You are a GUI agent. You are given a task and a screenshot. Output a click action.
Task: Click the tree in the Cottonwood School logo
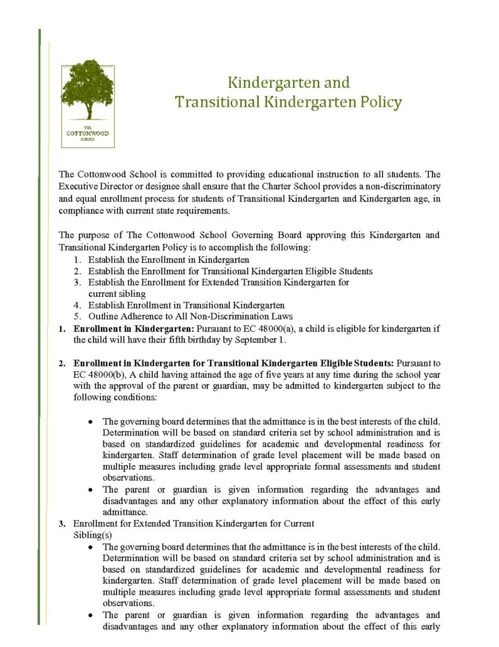[87, 88]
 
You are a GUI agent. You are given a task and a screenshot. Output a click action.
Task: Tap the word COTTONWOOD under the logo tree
[87, 133]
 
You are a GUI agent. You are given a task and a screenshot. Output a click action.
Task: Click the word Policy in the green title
[378, 102]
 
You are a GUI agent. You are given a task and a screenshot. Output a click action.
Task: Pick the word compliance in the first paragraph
[82, 210]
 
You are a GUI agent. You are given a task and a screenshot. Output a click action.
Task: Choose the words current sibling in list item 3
[117, 294]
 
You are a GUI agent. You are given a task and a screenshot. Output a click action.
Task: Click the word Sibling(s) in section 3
[92, 534]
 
